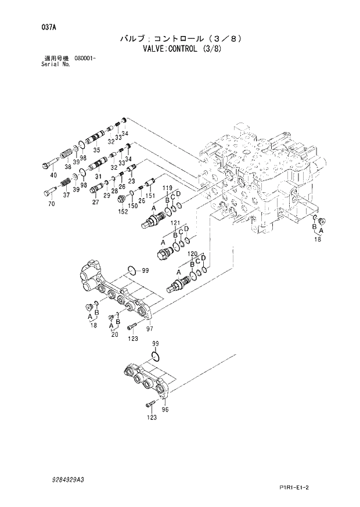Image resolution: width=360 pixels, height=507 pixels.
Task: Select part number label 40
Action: pyautogui.click(x=53, y=175)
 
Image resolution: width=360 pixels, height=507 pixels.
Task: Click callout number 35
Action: pyautogui.click(x=97, y=150)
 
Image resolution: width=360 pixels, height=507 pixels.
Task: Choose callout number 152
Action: pyautogui.click(x=124, y=212)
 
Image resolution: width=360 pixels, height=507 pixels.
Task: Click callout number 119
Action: pyautogui.click(x=167, y=188)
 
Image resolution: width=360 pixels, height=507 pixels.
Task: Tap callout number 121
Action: pyautogui.click(x=175, y=223)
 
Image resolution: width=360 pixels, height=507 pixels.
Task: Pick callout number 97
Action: pyautogui.click(x=150, y=329)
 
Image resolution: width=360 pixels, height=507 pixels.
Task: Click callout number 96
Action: pyautogui.click(x=165, y=409)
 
